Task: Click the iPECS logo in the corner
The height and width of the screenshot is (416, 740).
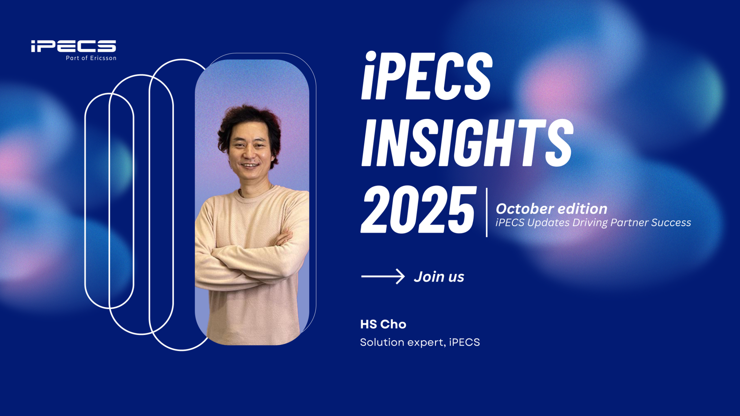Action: pos(73,46)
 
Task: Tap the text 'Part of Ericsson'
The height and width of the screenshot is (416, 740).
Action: pos(91,58)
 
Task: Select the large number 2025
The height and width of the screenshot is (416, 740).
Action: pos(418,210)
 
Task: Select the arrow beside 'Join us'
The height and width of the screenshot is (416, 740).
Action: pos(383,276)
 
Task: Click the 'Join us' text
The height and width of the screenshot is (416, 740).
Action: pos(439,277)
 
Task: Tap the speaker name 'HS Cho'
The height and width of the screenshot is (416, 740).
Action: pos(383,324)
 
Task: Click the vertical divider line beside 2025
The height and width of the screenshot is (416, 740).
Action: pos(487,212)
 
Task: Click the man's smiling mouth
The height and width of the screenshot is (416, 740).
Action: pos(250,166)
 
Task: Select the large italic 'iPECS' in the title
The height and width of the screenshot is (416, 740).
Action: pos(427,76)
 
